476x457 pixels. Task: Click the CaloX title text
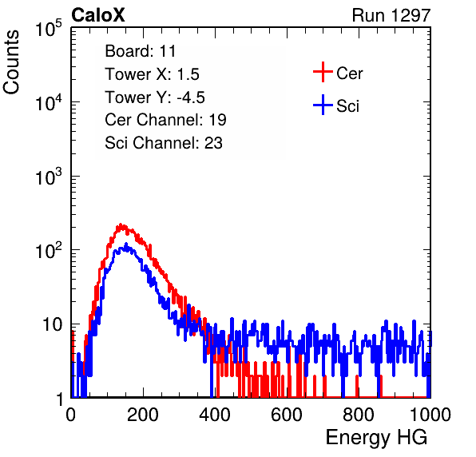click(98, 15)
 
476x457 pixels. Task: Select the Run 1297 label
click(391, 15)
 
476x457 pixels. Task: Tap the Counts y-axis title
click(11, 62)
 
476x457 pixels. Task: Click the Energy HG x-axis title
click(376, 438)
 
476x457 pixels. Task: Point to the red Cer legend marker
click(323, 72)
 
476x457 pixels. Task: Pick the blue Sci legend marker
click(323, 105)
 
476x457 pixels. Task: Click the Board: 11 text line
click(141, 51)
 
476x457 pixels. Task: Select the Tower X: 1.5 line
click(152, 74)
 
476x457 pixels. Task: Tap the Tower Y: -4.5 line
click(155, 97)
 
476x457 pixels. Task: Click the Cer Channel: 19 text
click(165, 120)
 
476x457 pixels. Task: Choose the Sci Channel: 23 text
click(164, 143)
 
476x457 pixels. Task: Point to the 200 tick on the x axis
click(143, 415)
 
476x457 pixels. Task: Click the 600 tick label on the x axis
click(287, 415)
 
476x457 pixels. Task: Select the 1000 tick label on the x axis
click(430, 415)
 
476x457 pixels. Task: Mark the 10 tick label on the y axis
click(52, 324)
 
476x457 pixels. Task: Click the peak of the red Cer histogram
click(121, 224)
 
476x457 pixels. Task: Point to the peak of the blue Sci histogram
click(125, 244)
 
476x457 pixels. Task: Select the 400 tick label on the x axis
click(215, 415)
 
